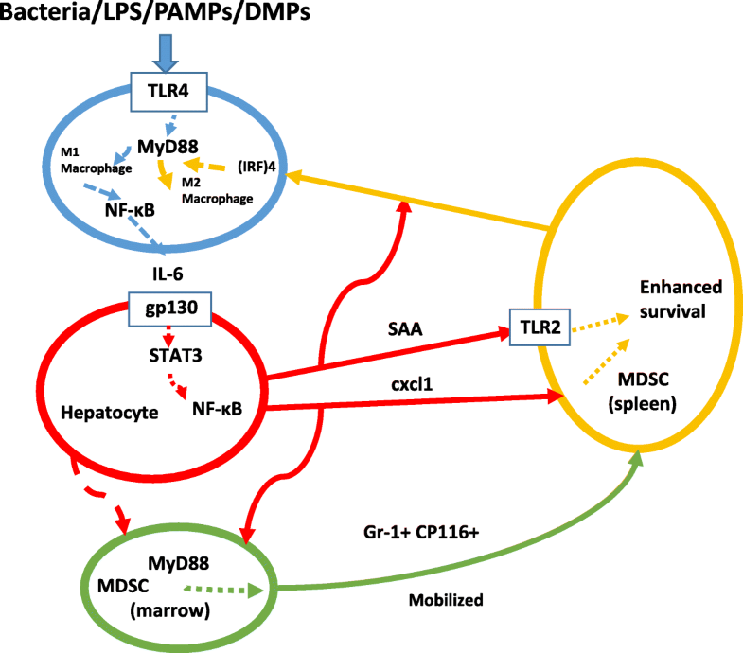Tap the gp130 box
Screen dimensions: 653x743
[168, 305]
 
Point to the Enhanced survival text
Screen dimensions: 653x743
[680, 299]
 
